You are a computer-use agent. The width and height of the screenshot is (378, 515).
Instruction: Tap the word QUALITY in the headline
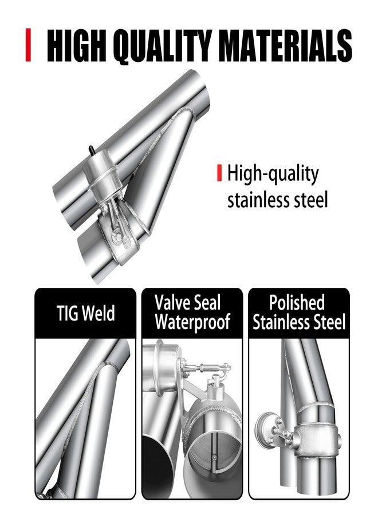pos(164,46)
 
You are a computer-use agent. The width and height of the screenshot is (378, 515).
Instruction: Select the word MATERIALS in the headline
pos(285,45)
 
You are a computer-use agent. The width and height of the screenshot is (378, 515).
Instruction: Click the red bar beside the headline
pos(28,45)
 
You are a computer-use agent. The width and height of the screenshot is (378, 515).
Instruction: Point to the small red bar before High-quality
pos(219,173)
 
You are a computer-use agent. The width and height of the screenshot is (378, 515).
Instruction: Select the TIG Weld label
pos(85,313)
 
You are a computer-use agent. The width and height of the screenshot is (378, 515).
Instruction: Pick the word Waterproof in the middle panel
pos(192,322)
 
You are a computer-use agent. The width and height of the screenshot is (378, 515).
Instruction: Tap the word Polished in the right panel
pos(297,303)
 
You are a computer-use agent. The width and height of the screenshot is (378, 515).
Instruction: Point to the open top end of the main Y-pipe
pos(197,90)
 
